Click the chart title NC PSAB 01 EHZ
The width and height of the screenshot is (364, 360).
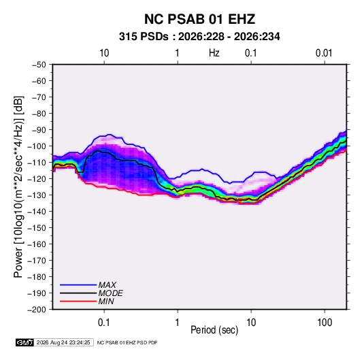[x=199, y=19]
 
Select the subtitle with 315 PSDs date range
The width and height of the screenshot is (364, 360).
[x=199, y=37]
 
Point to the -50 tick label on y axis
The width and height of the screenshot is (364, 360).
[x=39, y=65]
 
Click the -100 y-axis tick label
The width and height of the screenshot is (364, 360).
[x=37, y=146]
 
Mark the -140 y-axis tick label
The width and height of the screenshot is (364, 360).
[x=37, y=212]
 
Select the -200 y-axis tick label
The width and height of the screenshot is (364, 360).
[x=37, y=310]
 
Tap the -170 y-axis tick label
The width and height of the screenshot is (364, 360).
[x=37, y=261]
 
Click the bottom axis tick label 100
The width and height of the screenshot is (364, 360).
[x=325, y=323]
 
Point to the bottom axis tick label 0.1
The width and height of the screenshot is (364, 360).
[x=104, y=323]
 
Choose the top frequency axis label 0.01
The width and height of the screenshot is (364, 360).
[x=324, y=53]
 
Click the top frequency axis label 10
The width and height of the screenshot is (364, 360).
[x=104, y=53]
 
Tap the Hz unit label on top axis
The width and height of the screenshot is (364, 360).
[x=214, y=53]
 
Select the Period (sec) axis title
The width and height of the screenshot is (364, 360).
[x=214, y=330]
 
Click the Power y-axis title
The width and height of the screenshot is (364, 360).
[x=18, y=186]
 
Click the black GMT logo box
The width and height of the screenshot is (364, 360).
[x=25, y=342]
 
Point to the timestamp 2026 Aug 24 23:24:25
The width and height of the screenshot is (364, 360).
[x=63, y=342]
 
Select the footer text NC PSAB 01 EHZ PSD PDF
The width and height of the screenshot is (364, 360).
[x=127, y=342]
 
